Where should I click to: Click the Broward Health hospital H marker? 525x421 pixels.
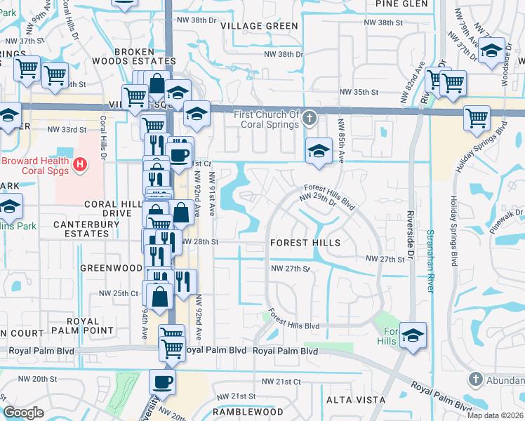tap(81, 166)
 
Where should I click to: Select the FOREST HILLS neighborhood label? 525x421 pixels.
tap(305, 243)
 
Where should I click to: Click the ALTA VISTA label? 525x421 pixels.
tap(355, 400)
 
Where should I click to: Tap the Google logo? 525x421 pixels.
tap(23, 413)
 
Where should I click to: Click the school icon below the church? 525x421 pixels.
tap(319, 151)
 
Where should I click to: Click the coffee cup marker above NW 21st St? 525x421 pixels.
tap(163, 382)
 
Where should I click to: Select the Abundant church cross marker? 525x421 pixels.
tap(477, 380)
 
